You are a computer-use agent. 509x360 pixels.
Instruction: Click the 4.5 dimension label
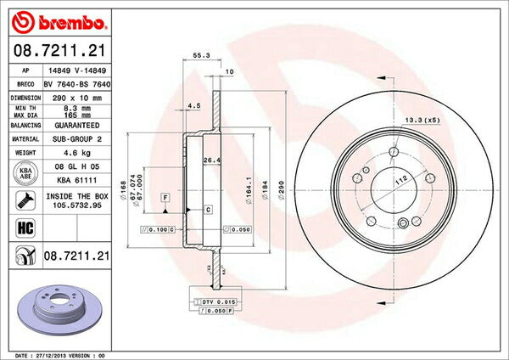point(193,106)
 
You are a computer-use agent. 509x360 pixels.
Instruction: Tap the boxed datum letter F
point(165,197)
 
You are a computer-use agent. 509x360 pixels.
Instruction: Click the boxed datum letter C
point(208,208)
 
